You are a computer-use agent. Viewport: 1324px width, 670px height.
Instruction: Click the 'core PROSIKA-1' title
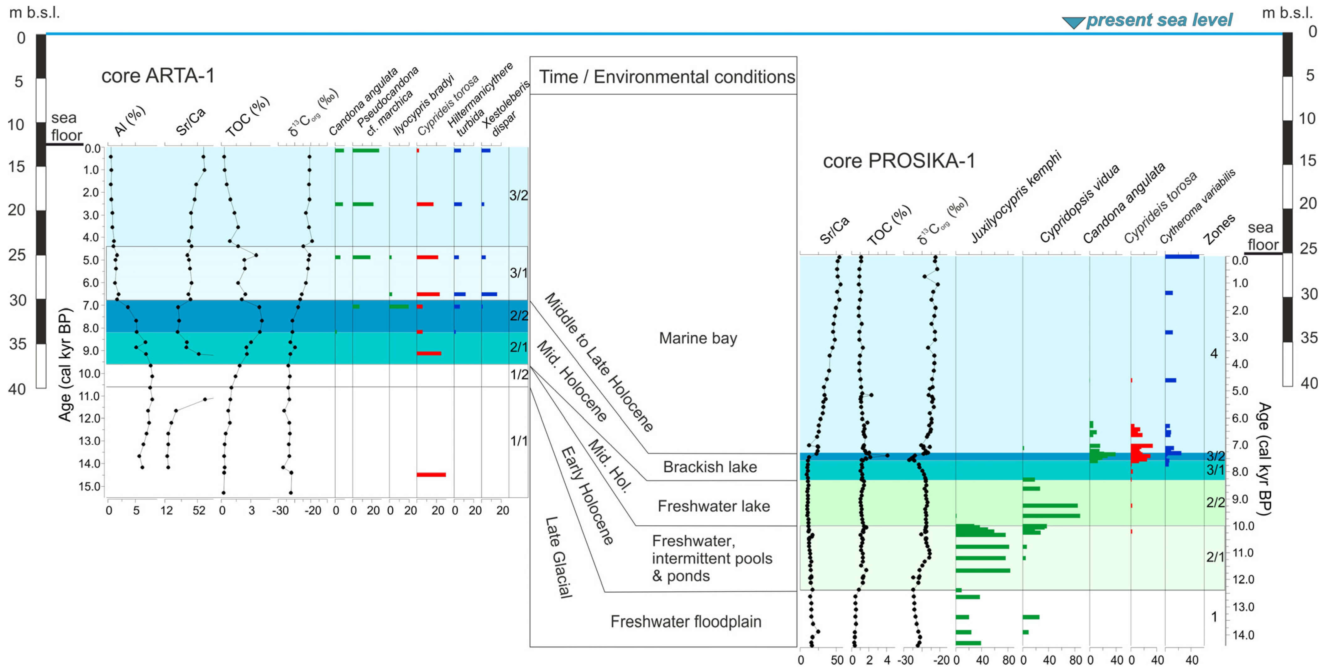click(898, 161)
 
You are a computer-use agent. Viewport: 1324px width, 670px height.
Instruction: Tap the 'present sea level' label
click(1159, 20)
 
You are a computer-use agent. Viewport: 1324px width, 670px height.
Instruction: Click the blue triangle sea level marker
click(1073, 22)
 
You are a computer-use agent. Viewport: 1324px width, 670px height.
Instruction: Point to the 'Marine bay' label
click(698, 338)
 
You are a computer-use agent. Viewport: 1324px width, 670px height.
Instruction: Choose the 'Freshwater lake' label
click(714, 506)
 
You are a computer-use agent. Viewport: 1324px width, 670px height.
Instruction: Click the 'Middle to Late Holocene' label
click(599, 362)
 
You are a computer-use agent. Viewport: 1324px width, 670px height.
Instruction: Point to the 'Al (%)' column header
click(129, 121)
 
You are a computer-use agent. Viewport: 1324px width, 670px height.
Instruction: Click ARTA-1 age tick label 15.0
click(89, 486)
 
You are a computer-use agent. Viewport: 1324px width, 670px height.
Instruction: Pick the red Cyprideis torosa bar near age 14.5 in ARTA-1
click(431, 474)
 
